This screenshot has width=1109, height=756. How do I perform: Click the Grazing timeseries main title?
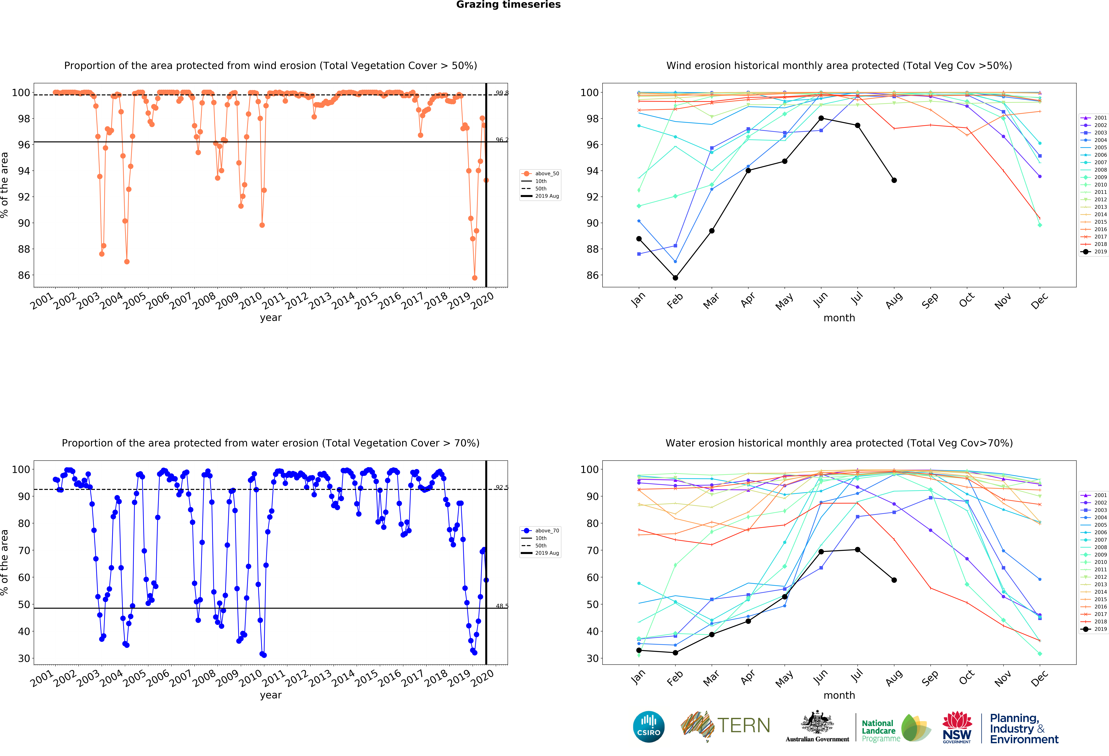point(508,5)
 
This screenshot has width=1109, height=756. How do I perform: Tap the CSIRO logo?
point(649,727)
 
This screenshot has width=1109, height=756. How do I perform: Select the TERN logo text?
point(744,725)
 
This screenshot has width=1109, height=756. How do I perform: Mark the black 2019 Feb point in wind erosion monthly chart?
point(675,278)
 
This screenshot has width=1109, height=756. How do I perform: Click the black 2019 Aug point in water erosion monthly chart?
point(894,580)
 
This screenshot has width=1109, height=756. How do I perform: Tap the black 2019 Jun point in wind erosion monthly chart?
point(821,118)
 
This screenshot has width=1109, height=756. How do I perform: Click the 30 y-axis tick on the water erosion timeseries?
point(24,658)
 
